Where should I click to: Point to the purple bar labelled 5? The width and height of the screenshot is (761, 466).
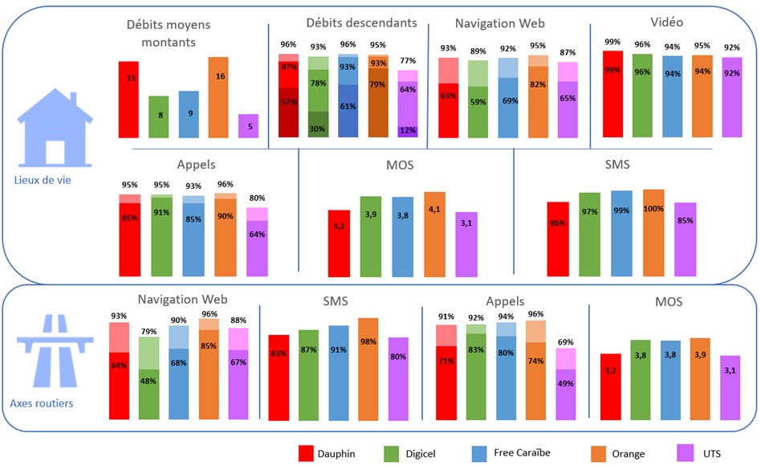(x=248, y=126)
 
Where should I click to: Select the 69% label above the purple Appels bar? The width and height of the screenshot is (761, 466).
(x=566, y=342)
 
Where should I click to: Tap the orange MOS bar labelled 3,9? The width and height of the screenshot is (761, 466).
(x=699, y=378)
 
